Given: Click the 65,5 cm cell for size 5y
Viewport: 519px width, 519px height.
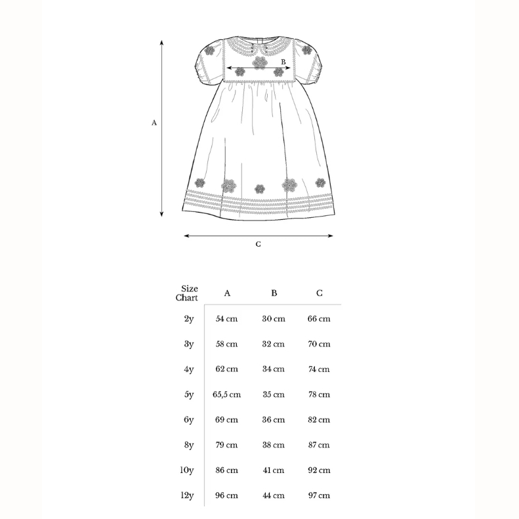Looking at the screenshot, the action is coord(227,394).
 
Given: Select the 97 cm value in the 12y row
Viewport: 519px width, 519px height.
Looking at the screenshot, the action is coord(319,495).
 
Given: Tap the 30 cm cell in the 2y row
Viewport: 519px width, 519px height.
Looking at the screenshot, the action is coord(274,319).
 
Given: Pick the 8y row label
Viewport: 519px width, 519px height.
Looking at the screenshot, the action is coord(189,446).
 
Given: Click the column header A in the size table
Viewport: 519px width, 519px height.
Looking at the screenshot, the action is coord(227,293).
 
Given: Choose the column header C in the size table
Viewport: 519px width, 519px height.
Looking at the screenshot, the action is coord(320,293).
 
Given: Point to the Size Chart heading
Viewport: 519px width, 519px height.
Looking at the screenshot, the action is coord(187,293).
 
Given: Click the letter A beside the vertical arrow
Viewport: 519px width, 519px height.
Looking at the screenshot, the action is coord(154,123).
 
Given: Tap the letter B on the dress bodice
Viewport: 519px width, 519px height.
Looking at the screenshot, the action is coord(283,62).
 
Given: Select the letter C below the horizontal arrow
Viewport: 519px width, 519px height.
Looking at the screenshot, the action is coord(258,244).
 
